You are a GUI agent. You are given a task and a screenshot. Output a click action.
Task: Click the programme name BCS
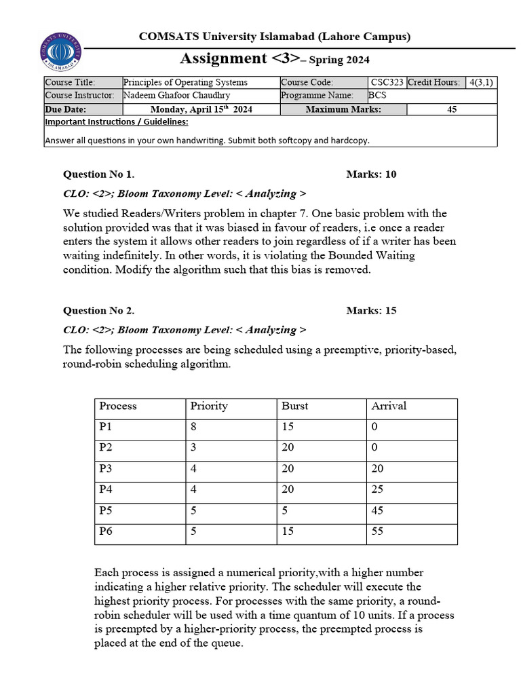click(377, 96)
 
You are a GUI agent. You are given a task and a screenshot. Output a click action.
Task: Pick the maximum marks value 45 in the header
click(452, 109)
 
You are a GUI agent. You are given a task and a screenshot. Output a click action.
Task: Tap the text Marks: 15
click(371, 311)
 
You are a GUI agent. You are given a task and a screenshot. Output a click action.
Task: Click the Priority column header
click(209, 406)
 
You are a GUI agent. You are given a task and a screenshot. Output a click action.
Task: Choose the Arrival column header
click(389, 406)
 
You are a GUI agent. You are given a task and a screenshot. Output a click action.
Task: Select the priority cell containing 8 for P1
click(194, 427)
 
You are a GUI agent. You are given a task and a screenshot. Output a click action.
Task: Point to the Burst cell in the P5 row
click(285, 510)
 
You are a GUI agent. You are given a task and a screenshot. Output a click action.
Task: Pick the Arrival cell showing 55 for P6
click(378, 531)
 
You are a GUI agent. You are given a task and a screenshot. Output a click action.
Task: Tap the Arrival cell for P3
click(378, 468)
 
